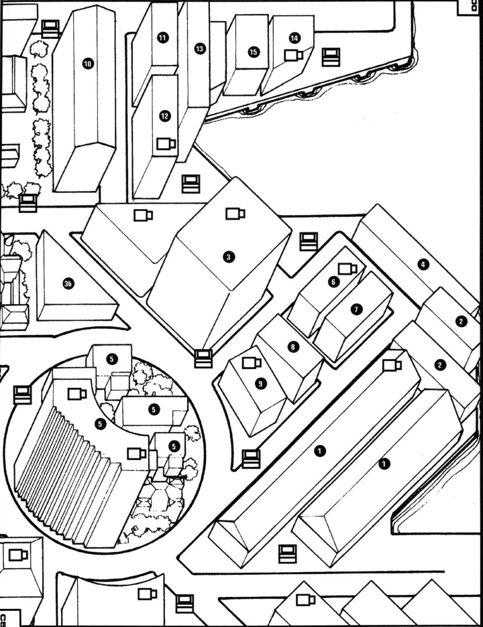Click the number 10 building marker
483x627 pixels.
88,64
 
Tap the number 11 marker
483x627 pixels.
162,38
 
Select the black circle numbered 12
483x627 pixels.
165,116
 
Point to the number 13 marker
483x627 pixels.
199,49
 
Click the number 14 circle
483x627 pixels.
294,38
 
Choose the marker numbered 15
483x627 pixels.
253,52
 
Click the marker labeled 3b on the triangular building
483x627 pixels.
68,285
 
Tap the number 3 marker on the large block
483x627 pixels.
229,257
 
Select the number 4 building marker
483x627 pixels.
423,265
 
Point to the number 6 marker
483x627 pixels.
333,283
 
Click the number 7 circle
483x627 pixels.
356,309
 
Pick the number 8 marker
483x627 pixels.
292,346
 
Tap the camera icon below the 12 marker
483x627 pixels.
166,143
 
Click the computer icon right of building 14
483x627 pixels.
330,57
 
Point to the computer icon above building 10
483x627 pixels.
51,28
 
